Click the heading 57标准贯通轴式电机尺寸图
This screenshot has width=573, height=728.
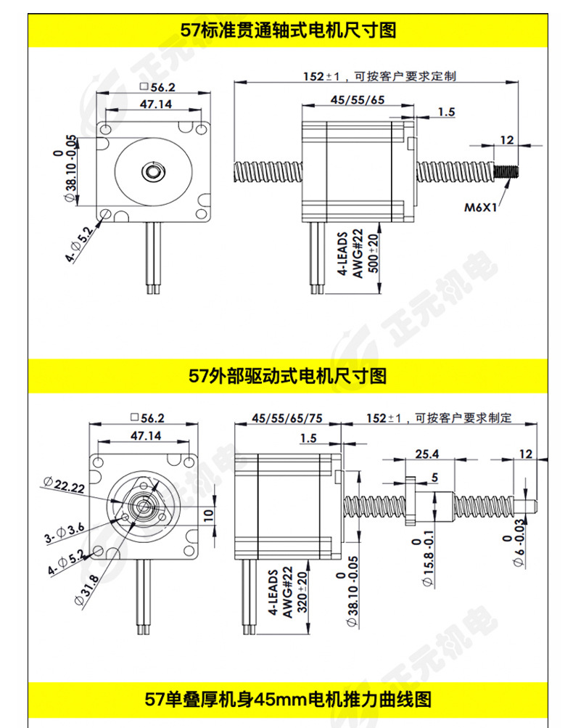tap(288, 31)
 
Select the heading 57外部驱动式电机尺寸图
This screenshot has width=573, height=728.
tap(288, 375)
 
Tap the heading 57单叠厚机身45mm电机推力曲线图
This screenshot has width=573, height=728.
tap(288, 700)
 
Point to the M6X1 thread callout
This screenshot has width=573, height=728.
tap(480, 207)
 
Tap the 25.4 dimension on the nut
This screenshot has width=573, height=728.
tap(426, 454)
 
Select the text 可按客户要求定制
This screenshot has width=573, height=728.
tap(404, 75)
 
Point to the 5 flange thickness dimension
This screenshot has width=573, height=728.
tap(434, 477)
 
